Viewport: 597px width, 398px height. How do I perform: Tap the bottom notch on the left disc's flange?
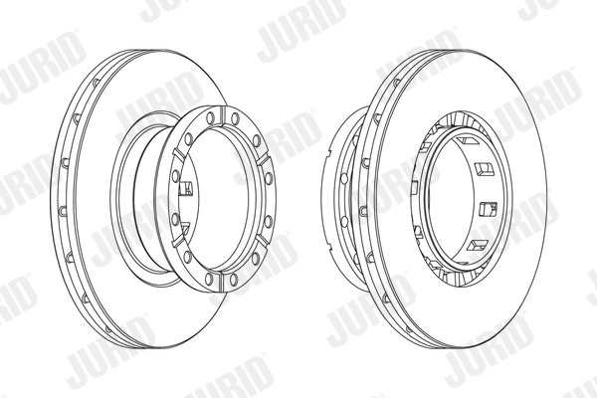coord(223,282)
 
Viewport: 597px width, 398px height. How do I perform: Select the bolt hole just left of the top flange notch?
coord(209,118)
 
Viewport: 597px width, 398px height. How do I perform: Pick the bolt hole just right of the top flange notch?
coord(236,118)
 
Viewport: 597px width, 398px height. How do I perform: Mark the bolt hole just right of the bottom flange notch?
coord(234,280)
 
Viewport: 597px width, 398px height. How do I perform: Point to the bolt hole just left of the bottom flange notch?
coord(209,280)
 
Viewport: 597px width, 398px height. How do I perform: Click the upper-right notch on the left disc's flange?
coord(264,160)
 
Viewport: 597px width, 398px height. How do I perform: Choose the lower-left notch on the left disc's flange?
coord(179,242)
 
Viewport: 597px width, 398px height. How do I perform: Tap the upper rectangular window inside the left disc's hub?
coord(186,188)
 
